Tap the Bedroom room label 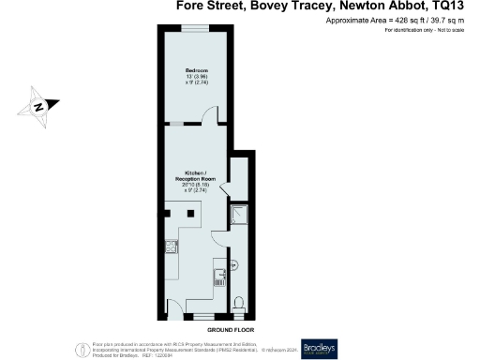(195, 71)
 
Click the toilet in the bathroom (239, 302)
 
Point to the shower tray (238, 216)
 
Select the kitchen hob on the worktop (172, 247)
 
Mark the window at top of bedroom (195, 31)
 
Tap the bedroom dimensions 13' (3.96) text (195, 79)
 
